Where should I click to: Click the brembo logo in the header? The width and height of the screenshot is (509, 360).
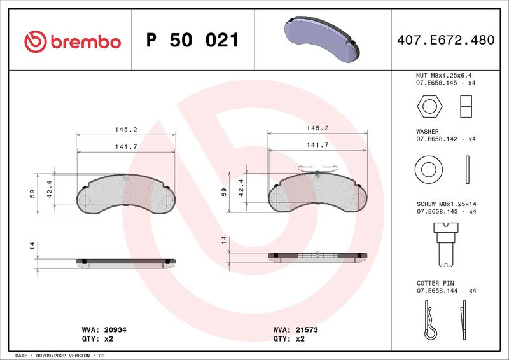(73, 41)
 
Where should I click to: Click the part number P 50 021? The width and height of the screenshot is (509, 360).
(193, 40)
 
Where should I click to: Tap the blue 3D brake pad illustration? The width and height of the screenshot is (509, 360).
(322, 39)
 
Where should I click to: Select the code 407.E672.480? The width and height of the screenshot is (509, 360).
(446, 40)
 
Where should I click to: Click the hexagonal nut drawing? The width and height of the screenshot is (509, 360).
(429, 106)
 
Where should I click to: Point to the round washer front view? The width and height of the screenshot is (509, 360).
(428, 169)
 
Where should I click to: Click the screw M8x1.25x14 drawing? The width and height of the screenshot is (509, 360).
(446, 244)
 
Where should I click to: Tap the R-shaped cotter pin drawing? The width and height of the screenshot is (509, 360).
(430, 320)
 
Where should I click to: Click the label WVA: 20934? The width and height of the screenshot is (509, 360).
(104, 330)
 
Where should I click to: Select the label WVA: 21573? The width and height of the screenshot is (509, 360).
(295, 330)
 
